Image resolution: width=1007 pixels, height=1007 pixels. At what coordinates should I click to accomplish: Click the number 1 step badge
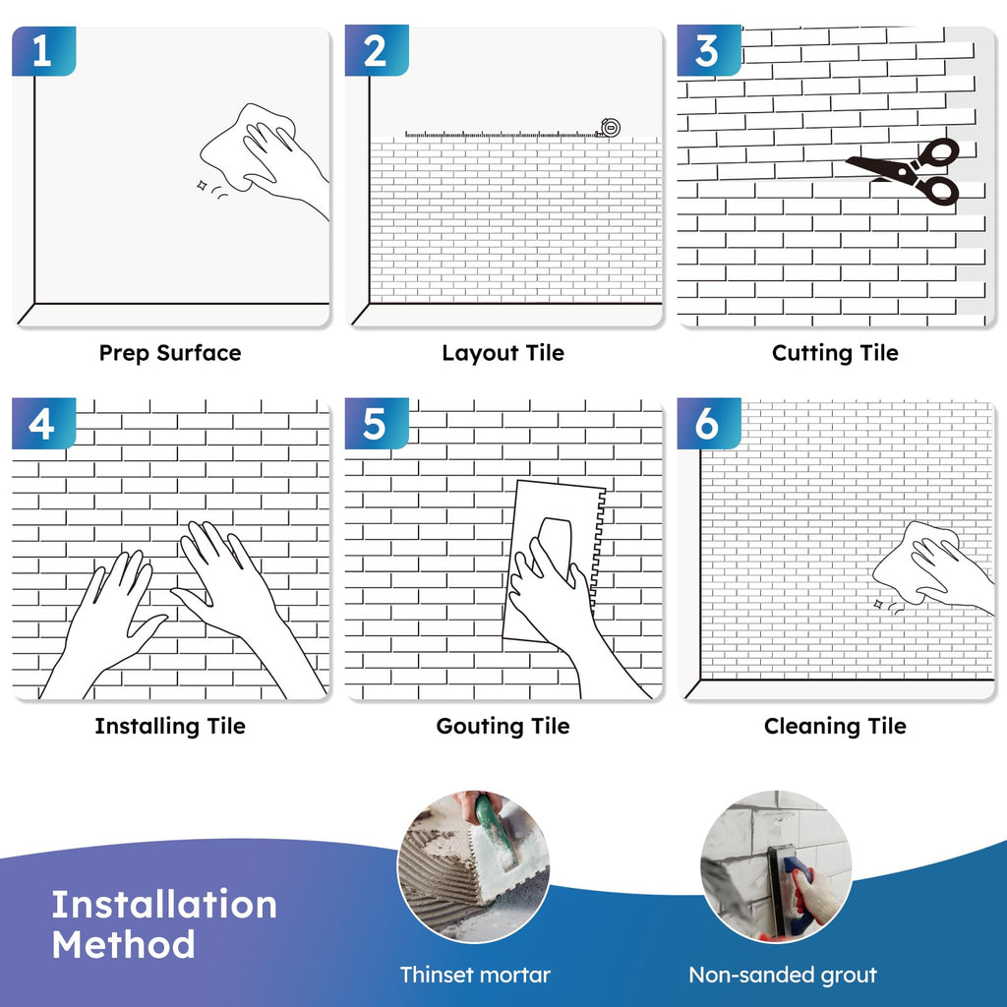pos(43,51)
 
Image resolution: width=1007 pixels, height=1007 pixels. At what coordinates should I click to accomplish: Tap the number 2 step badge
pos(377,51)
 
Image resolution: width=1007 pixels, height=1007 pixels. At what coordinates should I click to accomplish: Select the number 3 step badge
pos(709,51)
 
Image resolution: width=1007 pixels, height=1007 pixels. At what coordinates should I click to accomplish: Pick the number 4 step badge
pos(43,423)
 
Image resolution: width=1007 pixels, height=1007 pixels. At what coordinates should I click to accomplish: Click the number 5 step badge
pos(377,423)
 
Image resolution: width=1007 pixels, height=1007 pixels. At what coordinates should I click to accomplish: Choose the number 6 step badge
pos(709,423)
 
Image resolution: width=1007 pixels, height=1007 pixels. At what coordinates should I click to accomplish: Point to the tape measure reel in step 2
pos(609,128)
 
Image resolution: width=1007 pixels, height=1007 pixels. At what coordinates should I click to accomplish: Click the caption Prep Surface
pos(170,353)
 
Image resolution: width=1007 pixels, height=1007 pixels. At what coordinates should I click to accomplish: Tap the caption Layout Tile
pos(503,353)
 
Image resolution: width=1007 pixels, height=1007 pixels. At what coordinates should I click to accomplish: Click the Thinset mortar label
pos(475,975)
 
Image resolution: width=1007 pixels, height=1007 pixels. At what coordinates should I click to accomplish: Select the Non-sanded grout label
pos(783,975)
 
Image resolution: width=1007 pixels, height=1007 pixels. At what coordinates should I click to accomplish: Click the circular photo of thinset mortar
pos(474,866)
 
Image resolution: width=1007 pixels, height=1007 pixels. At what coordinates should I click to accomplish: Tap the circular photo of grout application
pos(777,866)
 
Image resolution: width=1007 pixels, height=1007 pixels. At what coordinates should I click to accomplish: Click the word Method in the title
pos(123,945)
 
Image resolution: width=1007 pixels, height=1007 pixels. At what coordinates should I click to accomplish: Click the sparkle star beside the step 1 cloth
pos(202,186)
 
